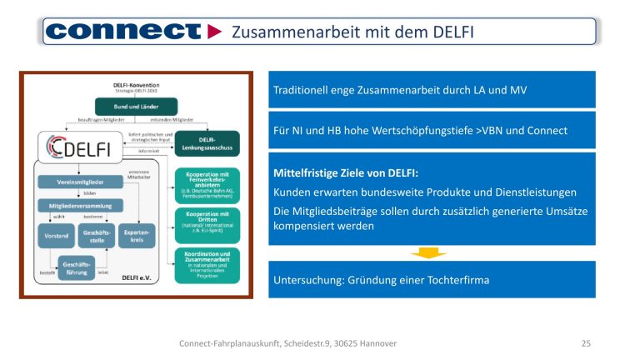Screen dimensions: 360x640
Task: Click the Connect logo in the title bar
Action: tap(123, 32)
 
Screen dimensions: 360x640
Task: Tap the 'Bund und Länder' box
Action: tap(136, 107)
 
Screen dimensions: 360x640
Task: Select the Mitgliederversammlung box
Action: tap(80, 205)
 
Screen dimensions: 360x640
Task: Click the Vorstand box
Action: tap(55, 236)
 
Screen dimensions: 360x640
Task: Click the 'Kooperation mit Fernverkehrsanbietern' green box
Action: tap(207, 181)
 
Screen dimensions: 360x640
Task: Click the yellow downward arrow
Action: tap(429, 252)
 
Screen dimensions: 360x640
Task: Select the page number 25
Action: tap(585, 343)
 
